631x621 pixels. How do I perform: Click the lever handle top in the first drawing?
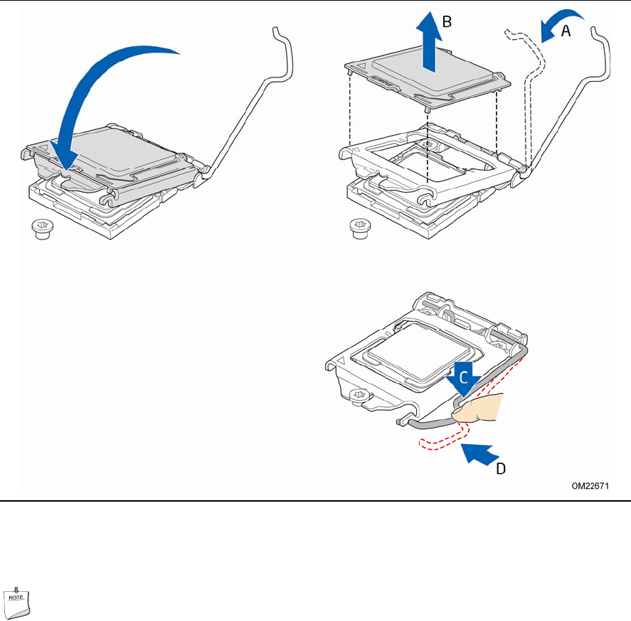[x=280, y=36]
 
